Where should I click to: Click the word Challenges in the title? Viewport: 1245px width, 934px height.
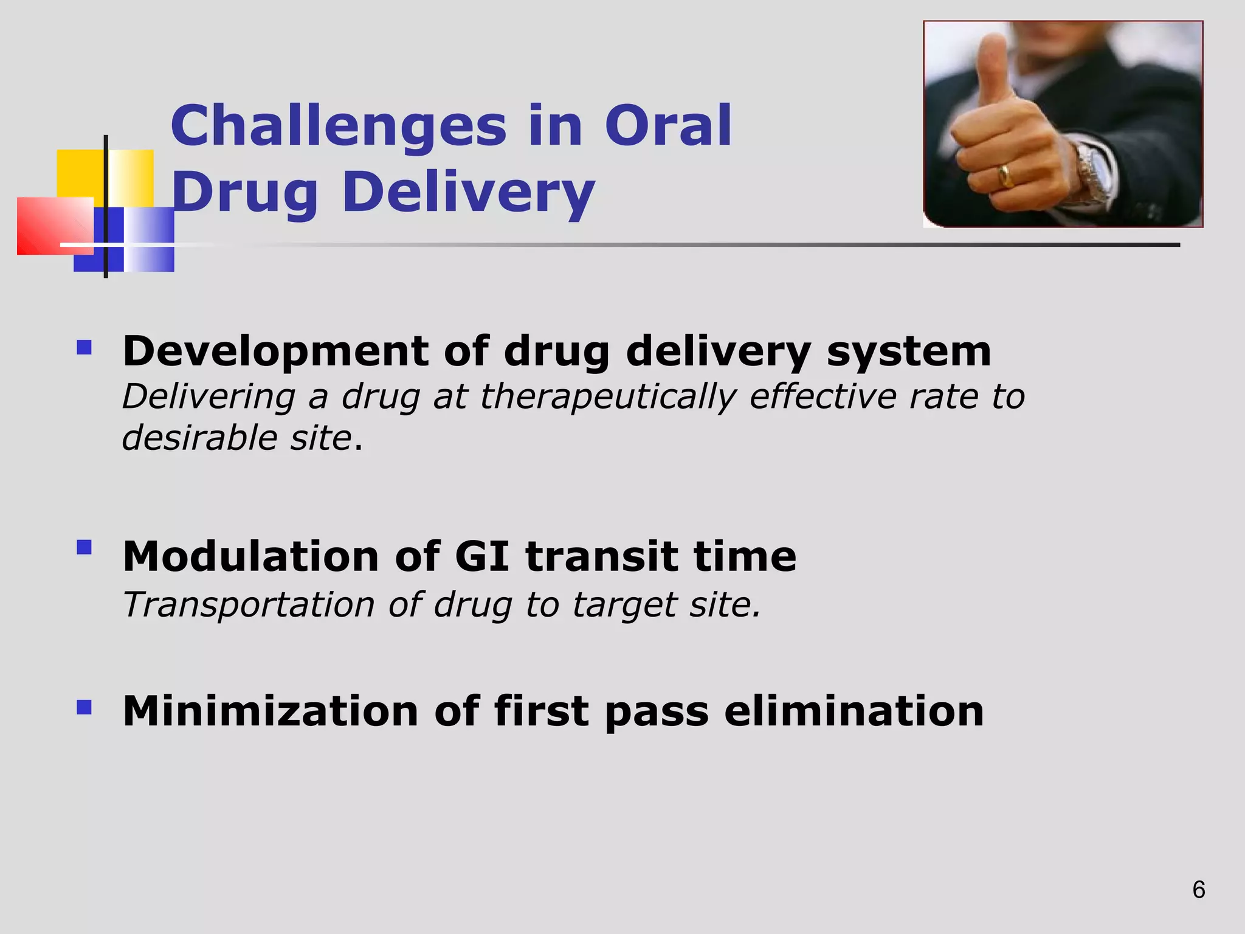(x=338, y=126)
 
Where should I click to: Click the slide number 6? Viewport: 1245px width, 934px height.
(x=1198, y=890)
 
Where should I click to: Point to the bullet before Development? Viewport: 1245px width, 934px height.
(x=84, y=348)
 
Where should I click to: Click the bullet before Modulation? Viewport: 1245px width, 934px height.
(x=84, y=547)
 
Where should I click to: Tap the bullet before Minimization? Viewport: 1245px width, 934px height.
(x=84, y=707)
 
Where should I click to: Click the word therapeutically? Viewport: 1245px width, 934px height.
(x=607, y=397)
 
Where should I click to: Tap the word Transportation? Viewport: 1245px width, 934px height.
(x=248, y=605)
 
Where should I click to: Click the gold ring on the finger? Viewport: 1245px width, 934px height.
(x=1006, y=176)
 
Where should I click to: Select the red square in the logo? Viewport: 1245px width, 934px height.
(x=52, y=225)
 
